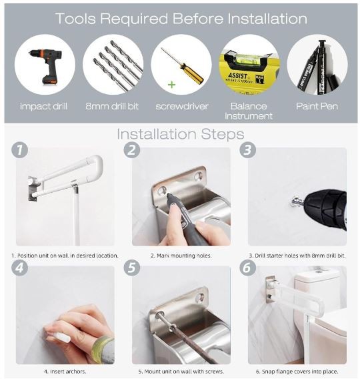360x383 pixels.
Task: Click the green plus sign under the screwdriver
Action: pos(172,85)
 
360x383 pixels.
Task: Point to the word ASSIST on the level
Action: pos(237,75)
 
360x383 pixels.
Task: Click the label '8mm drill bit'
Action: pos(112,106)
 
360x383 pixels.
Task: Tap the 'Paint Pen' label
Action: pos(317,106)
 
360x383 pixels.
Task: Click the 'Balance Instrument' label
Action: pos(249,111)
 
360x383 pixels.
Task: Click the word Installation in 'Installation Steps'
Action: pos(157,134)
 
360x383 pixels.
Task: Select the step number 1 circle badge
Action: pos(19,149)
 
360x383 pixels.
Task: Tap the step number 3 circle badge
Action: pos(247,149)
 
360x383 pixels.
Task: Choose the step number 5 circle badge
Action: pos(132,268)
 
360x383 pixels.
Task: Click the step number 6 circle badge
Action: pos(247,268)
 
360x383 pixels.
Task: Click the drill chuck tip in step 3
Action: pos(297,202)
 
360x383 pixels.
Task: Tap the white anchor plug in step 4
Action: pos(61,337)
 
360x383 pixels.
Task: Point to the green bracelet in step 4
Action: pos(103,348)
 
